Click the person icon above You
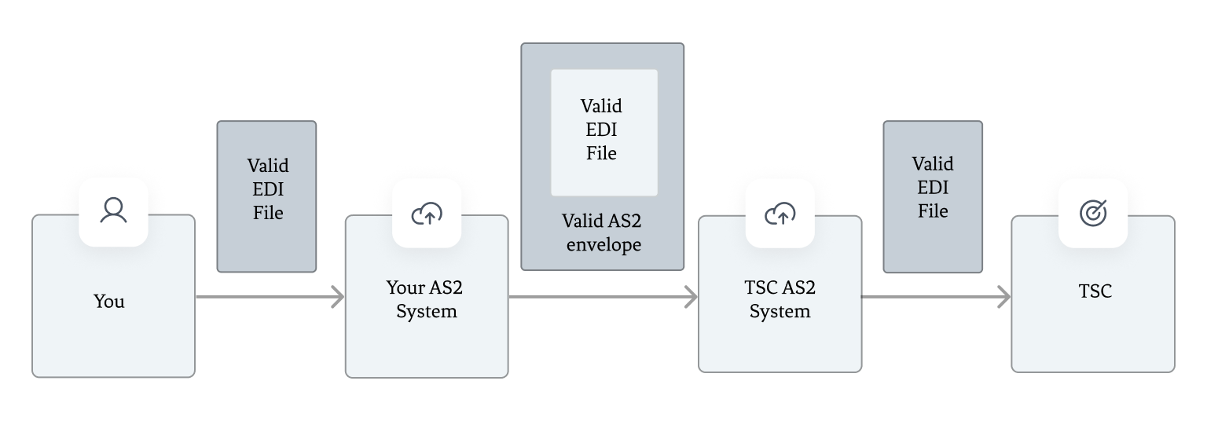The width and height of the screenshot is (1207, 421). click(113, 211)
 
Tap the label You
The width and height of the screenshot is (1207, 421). click(109, 302)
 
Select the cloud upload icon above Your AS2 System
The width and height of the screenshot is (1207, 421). click(427, 213)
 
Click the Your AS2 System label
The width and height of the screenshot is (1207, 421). click(425, 299)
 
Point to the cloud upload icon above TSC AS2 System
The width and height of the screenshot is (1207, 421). click(780, 213)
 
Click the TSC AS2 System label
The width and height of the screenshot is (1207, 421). click(780, 299)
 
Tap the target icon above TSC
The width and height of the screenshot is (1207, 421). click(1093, 213)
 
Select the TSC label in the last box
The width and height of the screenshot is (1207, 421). click(1095, 291)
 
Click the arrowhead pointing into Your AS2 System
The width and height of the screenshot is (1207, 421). click(338, 297)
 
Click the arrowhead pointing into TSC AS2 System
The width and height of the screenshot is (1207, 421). click(691, 297)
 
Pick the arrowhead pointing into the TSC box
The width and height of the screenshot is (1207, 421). click(1003, 297)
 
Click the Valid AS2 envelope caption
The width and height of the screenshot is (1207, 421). click(603, 232)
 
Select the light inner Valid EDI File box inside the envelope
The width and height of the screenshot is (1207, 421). click(603, 132)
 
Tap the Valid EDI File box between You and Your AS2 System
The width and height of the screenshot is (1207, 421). click(266, 196)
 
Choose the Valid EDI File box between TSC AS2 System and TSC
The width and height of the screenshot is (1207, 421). click(933, 196)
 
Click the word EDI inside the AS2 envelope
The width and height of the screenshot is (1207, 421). click(602, 130)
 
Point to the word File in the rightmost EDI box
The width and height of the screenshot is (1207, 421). click(933, 211)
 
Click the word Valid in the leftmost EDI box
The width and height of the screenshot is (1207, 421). click(268, 166)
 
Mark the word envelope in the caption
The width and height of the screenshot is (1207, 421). click(603, 245)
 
